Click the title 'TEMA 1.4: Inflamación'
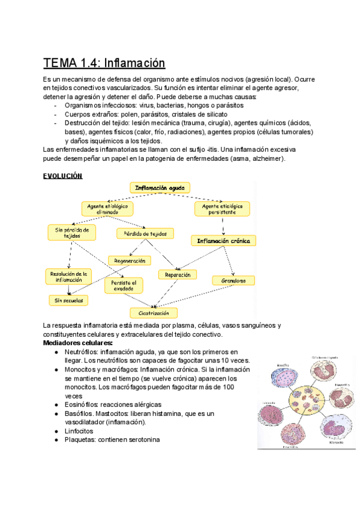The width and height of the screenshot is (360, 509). [x=104, y=62]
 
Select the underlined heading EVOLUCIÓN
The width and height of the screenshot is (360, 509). [x=62, y=176]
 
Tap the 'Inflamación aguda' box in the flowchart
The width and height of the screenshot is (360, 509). [x=160, y=188]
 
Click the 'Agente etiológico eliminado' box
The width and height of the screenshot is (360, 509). [x=107, y=208]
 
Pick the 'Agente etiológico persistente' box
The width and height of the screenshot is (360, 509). [x=223, y=208]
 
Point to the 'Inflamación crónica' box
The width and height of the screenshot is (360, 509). [x=223, y=241]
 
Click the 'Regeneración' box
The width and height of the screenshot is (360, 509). [x=130, y=261]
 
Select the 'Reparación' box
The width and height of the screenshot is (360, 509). [x=178, y=274]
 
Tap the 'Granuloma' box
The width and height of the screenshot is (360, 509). [x=233, y=280]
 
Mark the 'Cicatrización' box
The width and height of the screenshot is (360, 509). [x=154, y=313]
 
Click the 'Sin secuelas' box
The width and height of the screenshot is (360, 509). [x=68, y=300]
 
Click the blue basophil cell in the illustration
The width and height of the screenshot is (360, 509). [x=283, y=380]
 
